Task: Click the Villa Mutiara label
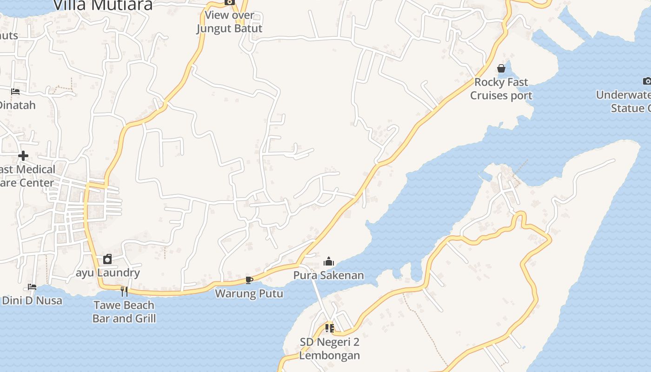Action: click(103, 5)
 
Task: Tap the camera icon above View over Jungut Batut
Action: click(229, 2)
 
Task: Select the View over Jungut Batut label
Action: click(229, 22)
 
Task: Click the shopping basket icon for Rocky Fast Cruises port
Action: click(501, 68)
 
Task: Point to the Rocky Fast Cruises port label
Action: click(501, 89)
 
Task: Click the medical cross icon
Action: click(23, 155)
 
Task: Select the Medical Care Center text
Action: click(27, 176)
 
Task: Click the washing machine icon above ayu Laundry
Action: click(107, 259)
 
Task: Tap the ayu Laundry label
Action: click(108, 272)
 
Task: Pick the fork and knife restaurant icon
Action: click(124, 292)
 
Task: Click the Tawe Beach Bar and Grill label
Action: click(124, 312)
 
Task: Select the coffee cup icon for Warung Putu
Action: click(249, 280)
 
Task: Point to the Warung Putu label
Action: click(249, 293)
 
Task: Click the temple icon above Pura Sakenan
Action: click(329, 261)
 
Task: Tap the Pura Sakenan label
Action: click(329, 275)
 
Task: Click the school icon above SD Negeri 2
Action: click(330, 328)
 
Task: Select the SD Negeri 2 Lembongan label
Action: click(330, 349)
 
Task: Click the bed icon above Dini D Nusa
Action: click(32, 287)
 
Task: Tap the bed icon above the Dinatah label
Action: click(15, 92)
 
